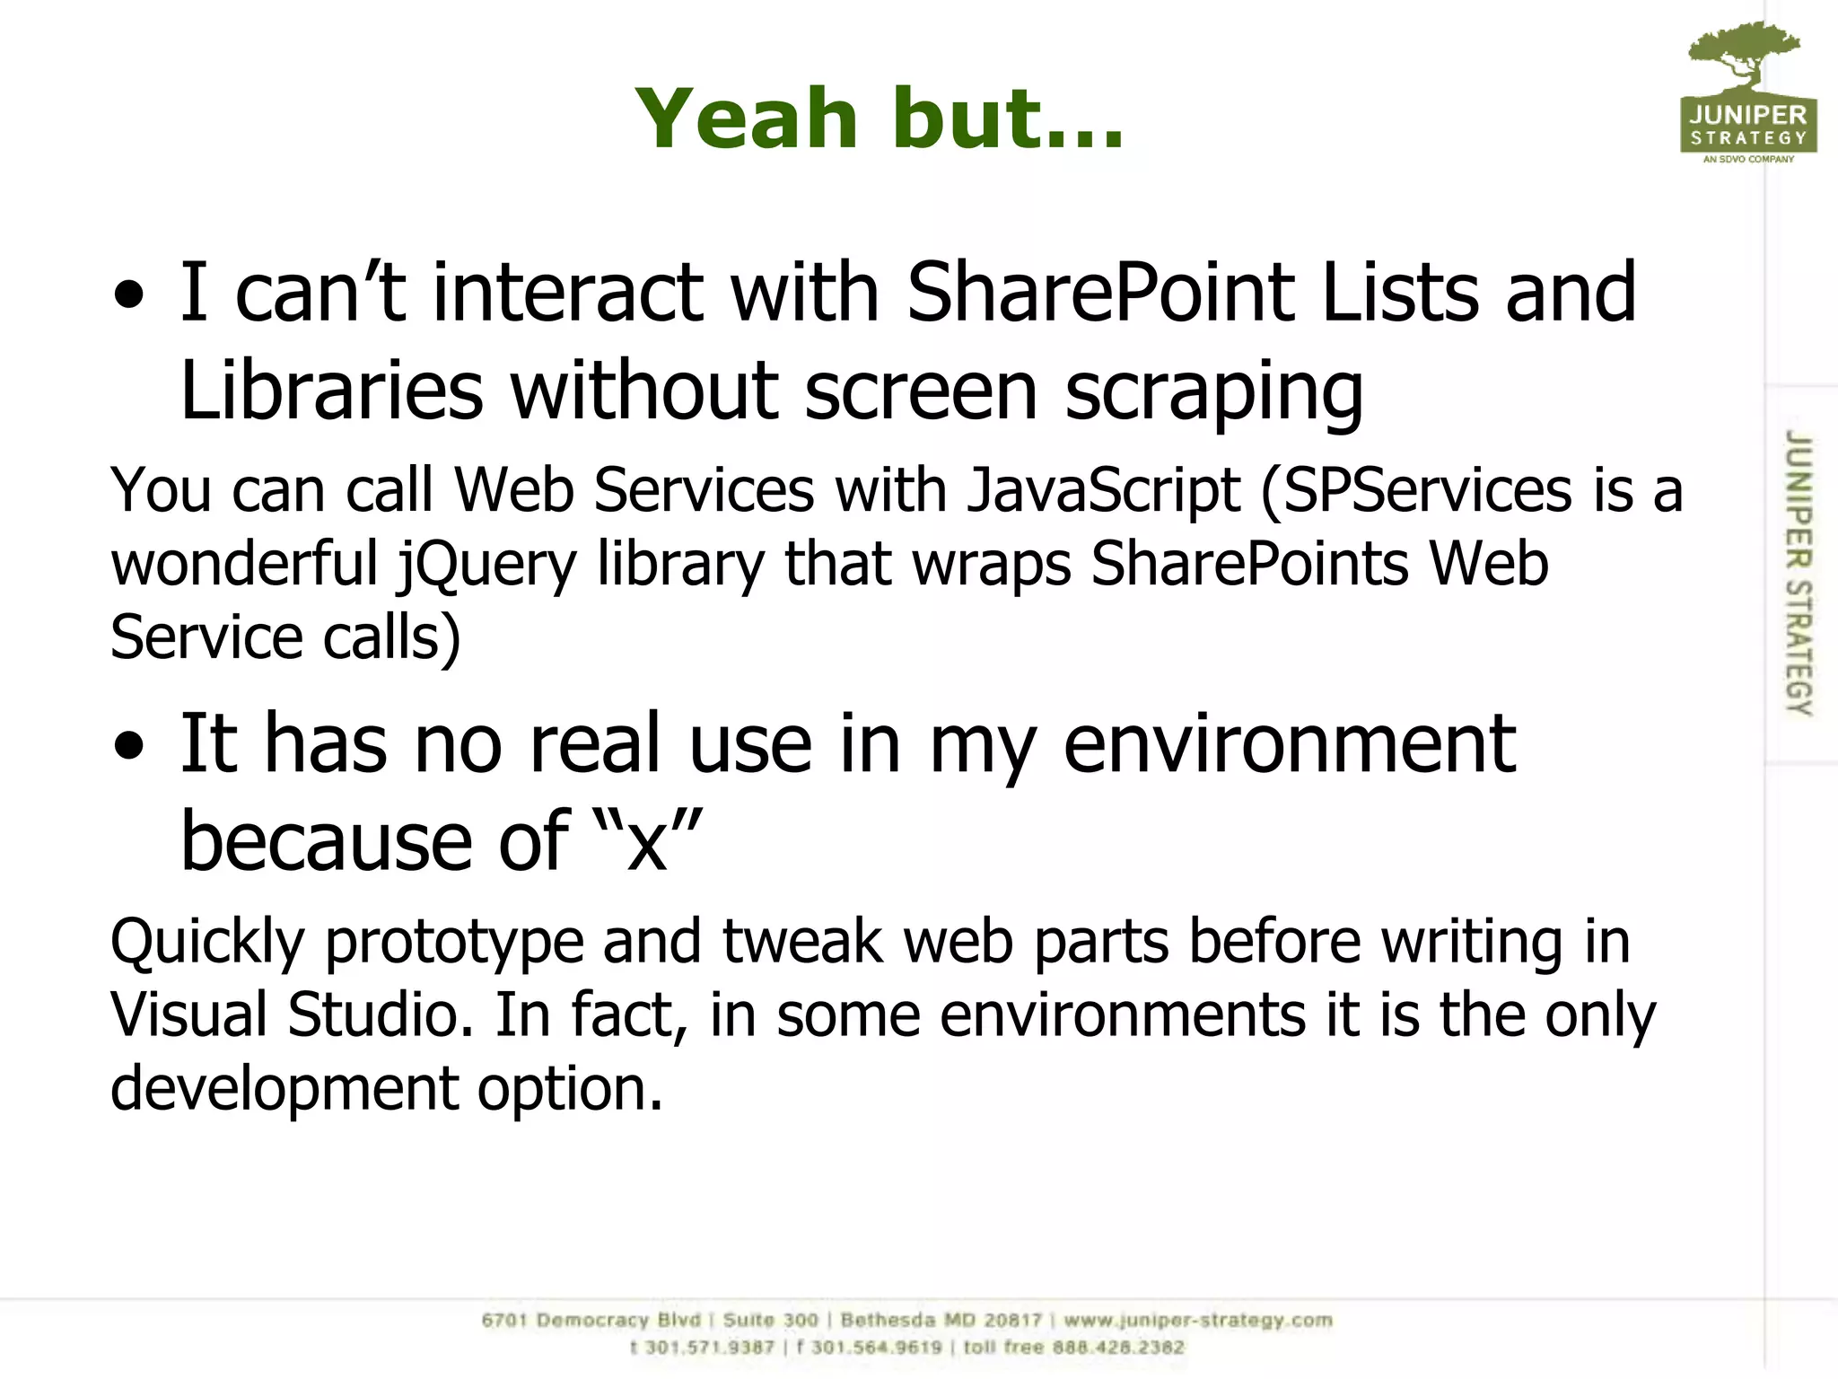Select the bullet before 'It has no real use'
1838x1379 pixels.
pos(129,746)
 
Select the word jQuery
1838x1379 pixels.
pos(487,566)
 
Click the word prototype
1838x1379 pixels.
pos(452,943)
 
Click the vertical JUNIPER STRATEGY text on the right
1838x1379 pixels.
pos(1799,573)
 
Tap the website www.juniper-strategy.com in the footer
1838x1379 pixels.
pos(1198,1320)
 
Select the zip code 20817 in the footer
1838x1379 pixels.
pos(1013,1320)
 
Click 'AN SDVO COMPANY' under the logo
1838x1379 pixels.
pos(1748,160)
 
